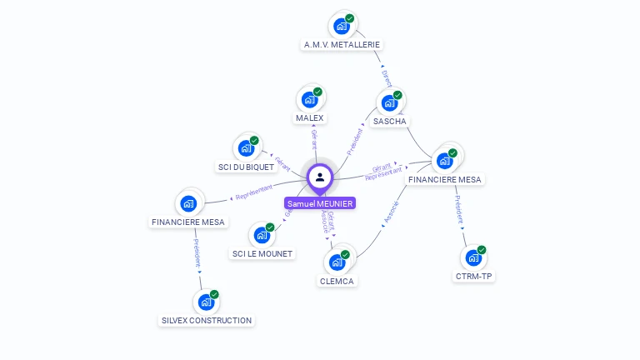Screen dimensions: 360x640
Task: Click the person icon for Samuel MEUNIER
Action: point(320,177)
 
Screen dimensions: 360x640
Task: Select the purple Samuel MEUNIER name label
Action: point(320,203)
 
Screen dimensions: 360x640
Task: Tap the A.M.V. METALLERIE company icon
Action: point(342,26)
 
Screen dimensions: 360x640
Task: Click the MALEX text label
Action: point(309,118)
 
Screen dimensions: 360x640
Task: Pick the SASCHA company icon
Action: point(389,103)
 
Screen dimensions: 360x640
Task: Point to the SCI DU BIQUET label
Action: point(246,167)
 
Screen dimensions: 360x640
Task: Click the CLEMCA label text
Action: point(337,281)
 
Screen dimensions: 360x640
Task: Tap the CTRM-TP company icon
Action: point(473,258)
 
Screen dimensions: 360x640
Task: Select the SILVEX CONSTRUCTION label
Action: point(207,320)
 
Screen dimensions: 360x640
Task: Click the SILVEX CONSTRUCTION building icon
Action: point(206,302)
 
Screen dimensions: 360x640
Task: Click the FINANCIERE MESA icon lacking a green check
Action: point(189,203)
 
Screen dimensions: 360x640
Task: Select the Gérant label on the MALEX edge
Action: point(314,139)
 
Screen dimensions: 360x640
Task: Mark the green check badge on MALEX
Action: point(317,92)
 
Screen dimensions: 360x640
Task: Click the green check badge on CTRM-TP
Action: point(482,250)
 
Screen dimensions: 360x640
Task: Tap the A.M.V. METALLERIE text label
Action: point(342,44)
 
